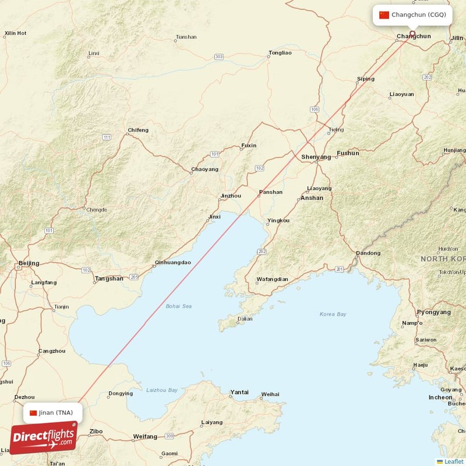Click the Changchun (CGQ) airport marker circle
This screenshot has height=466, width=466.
412,33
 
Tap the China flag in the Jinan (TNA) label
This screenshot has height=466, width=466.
33,413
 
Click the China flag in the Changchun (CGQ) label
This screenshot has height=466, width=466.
384,15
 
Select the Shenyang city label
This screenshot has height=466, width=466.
316,157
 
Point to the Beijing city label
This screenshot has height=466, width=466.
29,263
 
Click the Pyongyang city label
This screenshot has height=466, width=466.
433,312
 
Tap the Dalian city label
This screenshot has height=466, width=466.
245,319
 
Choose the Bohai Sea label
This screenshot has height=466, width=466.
178,306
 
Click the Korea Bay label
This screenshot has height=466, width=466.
333,315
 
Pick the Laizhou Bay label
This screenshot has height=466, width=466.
162,390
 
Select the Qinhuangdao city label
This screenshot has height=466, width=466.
173,263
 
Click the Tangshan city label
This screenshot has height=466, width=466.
109,278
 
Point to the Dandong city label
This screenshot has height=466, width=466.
368,253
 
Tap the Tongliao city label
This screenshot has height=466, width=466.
280,53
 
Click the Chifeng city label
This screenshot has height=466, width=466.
138,130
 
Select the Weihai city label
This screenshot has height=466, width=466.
270,394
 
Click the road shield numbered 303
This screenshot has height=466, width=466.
218,57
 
